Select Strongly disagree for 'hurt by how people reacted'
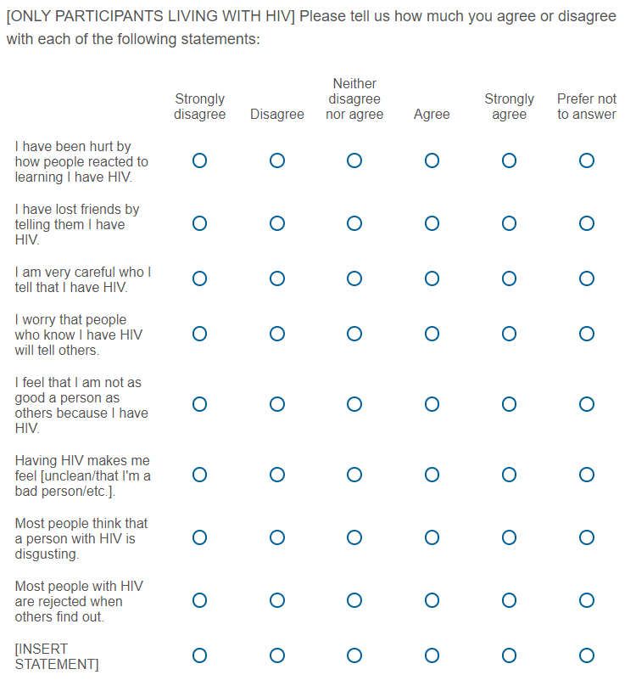(x=199, y=160)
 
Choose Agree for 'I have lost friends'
(x=432, y=223)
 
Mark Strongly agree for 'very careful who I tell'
(x=509, y=278)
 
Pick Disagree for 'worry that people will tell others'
(x=277, y=334)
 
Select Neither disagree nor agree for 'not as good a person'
(x=354, y=404)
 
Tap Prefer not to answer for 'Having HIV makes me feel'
(x=586, y=475)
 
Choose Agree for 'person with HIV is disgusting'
(x=432, y=537)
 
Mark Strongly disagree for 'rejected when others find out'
(x=199, y=600)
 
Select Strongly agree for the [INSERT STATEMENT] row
(x=509, y=655)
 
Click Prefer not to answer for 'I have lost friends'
(x=586, y=223)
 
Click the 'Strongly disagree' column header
(x=199, y=107)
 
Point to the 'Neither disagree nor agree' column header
(x=354, y=98)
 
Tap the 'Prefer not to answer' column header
(x=586, y=107)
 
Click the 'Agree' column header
(x=432, y=115)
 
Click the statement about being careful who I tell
(x=82, y=279)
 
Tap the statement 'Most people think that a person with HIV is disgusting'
(x=81, y=538)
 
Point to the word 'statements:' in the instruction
(x=223, y=40)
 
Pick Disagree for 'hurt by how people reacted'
(x=277, y=160)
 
